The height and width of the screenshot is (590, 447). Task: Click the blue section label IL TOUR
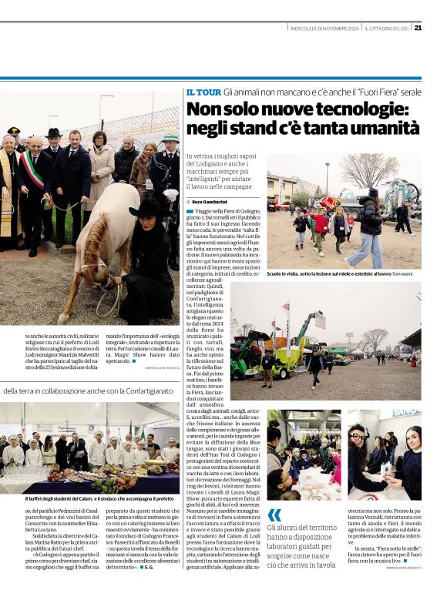(x=203, y=92)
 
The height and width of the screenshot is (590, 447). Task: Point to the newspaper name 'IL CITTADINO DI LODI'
(x=387, y=28)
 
